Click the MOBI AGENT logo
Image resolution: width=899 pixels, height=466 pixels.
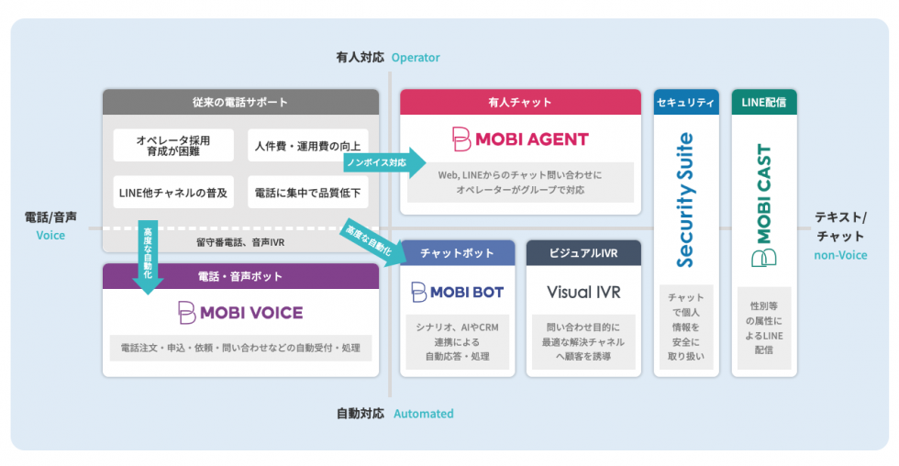(520, 139)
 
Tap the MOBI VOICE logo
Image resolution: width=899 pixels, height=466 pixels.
(240, 312)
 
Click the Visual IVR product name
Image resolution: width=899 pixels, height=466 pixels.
(583, 292)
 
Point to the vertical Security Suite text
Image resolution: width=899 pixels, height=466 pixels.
(684, 200)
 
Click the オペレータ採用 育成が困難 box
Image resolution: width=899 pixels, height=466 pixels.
(172, 146)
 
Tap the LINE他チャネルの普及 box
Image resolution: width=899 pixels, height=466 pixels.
(172, 194)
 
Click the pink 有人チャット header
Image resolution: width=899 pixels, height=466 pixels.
(520, 102)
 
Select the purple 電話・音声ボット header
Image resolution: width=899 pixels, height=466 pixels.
(240, 276)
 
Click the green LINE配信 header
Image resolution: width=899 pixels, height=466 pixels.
(763, 102)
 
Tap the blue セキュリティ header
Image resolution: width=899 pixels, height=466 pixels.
(684, 102)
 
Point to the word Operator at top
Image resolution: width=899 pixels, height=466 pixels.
(416, 58)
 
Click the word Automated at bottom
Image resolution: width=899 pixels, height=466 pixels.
(423, 414)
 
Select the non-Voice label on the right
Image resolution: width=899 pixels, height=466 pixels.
(840, 255)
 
